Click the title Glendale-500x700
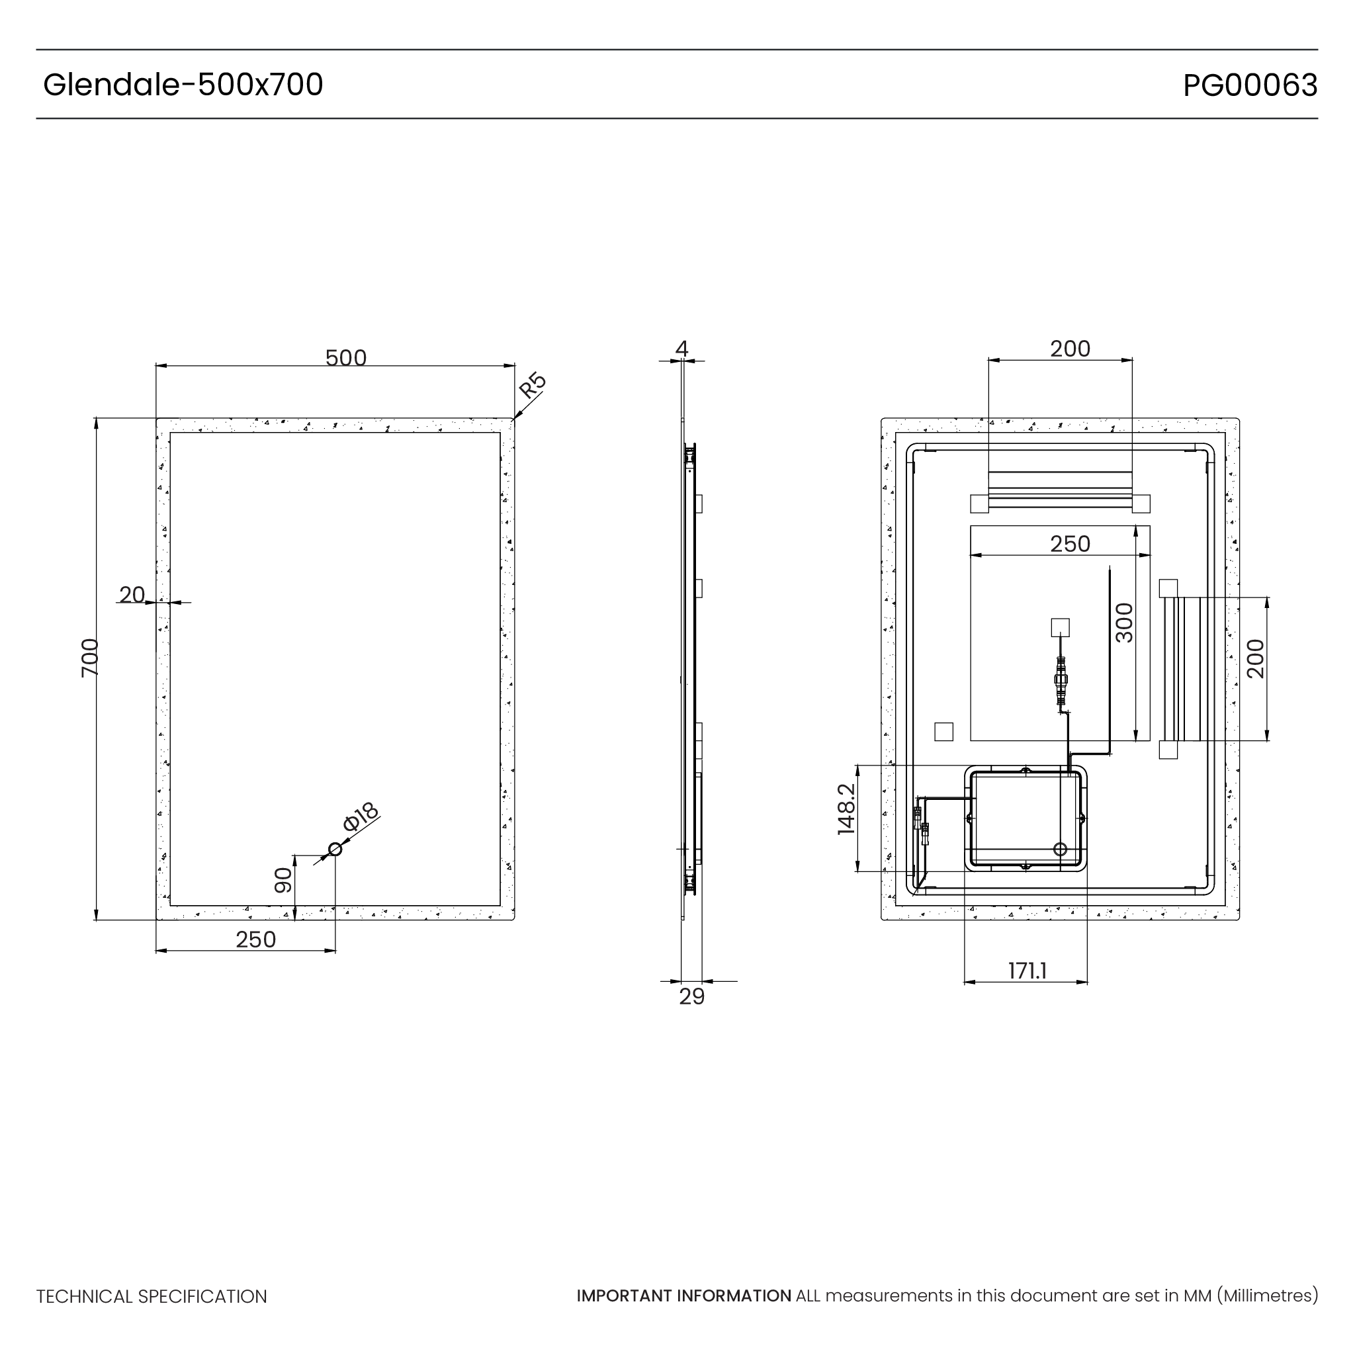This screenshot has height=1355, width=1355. point(183,85)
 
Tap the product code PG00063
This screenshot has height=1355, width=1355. point(1250,85)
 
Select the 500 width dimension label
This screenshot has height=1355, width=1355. point(346,358)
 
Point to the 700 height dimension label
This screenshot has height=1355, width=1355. point(90,657)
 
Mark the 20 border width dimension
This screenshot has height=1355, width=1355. point(132,594)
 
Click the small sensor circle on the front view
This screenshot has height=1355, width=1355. point(335,850)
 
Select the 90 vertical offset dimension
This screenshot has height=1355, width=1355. point(283,880)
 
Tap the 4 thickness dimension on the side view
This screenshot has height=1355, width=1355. point(681,348)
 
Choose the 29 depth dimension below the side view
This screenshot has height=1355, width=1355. point(691,996)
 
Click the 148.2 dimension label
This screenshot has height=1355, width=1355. point(846,809)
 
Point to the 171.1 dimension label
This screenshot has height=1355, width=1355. point(1027,971)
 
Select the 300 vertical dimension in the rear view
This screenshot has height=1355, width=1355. point(1124,622)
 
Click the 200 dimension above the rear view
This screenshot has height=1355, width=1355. point(1071,349)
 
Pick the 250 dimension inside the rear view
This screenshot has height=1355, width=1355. point(1071,544)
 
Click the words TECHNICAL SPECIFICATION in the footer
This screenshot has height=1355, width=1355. point(152,1297)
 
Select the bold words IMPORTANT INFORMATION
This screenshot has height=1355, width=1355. point(684,1295)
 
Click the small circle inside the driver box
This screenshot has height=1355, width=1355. point(1060,850)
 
